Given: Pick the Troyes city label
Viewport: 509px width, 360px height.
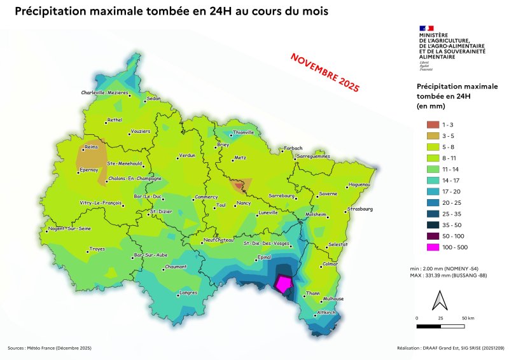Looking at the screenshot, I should click(x=97, y=249).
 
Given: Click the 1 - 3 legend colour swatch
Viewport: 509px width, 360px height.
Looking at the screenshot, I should click(x=433, y=125).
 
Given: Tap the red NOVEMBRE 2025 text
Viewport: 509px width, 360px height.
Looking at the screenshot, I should click(x=324, y=72).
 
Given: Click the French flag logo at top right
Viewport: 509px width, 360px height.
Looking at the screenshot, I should click(x=426, y=27).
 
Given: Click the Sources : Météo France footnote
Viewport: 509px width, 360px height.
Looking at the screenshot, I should click(x=50, y=348).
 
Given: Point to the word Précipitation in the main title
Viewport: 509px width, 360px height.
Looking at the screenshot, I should click(x=48, y=12).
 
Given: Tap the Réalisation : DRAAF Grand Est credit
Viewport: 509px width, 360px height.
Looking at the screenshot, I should click(x=449, y=348).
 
